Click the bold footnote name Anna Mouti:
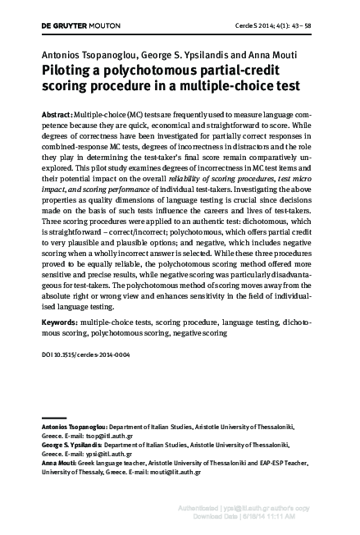[60, 463]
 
